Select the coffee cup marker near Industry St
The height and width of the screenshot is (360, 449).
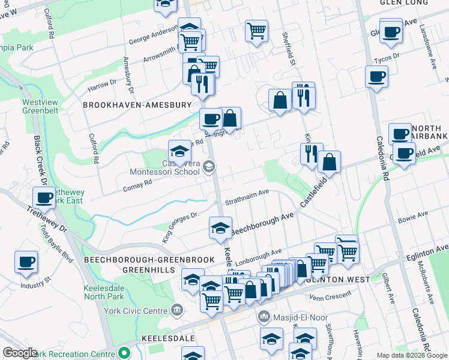pos(26,262)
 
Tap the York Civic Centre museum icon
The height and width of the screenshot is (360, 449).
pos(177,310)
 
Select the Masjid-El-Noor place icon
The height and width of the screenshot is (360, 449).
pos(263,316)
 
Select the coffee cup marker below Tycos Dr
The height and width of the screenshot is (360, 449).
pos(376,76)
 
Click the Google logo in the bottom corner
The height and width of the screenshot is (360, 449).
pos(20,353)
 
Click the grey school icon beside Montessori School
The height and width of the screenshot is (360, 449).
pos(209,167)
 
